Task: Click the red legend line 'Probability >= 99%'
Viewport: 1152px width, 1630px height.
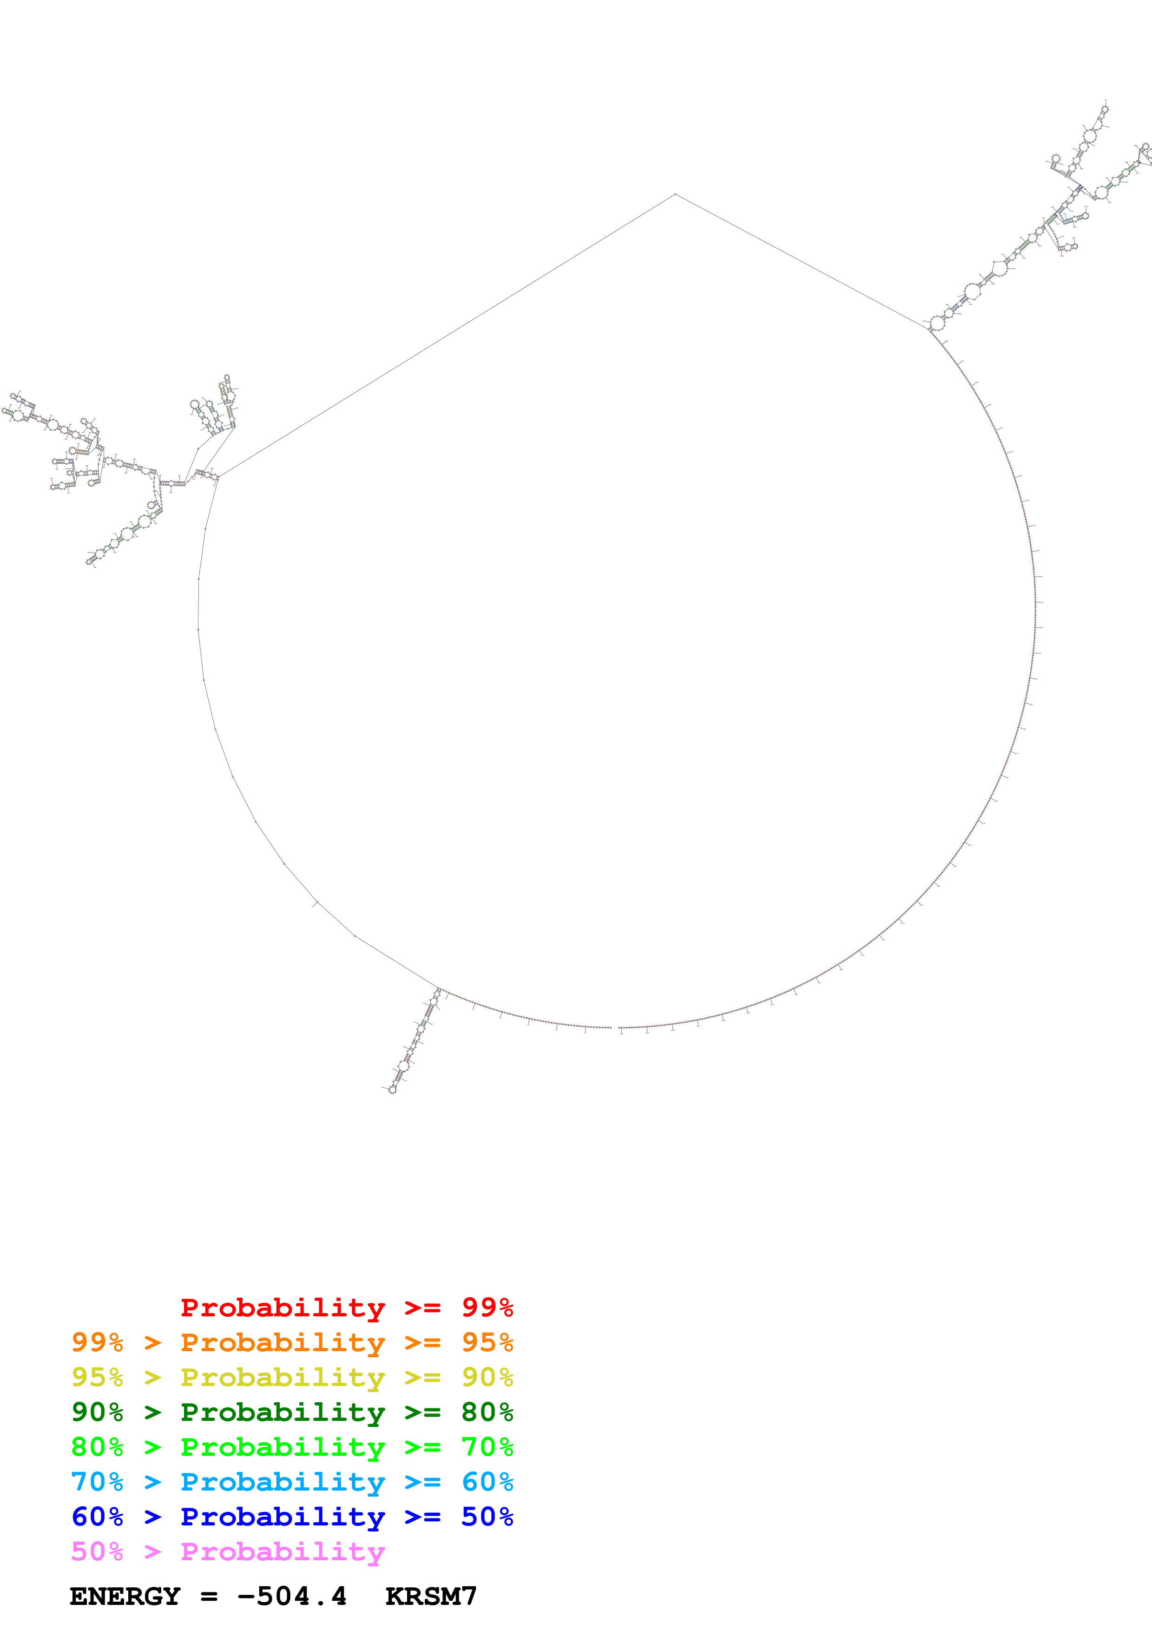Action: (x=346, y=1308)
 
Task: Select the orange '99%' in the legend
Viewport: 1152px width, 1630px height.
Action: (x=97, y=1342)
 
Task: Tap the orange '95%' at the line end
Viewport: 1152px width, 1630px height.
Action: (x=487, y=1342)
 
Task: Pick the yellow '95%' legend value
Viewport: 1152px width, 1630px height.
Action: (x=97, y=1377)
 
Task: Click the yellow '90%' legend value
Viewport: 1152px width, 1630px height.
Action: (x=487, y=1377)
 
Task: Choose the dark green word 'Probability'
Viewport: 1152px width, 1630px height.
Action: (x=283, y=1412)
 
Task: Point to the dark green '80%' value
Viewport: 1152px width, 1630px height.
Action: (x=487, y=1412)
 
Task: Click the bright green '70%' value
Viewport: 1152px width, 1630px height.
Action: (x=487, y=1447)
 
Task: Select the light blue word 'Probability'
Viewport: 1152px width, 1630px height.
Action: (x=283, y=1482)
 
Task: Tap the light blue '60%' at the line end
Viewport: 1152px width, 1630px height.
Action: (x=487, y=1482)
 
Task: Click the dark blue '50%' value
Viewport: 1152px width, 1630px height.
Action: (x=487, y=1517)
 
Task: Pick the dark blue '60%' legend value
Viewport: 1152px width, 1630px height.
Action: (x=97, y=1517)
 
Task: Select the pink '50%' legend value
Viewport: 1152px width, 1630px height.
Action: (x=97, y=1551)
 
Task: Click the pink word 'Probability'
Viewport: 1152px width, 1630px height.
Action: (x=283, y=1551)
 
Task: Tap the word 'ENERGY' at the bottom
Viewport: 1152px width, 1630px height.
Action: (x=125, y=1597)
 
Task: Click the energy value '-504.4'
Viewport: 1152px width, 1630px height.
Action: (x=292, y=1597)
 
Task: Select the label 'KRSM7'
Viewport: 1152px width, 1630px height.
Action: (x=431, y=1597)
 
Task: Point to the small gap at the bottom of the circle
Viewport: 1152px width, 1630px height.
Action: (x=615, y=1027)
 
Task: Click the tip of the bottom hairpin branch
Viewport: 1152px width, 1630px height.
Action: (x=392, y=1090)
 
